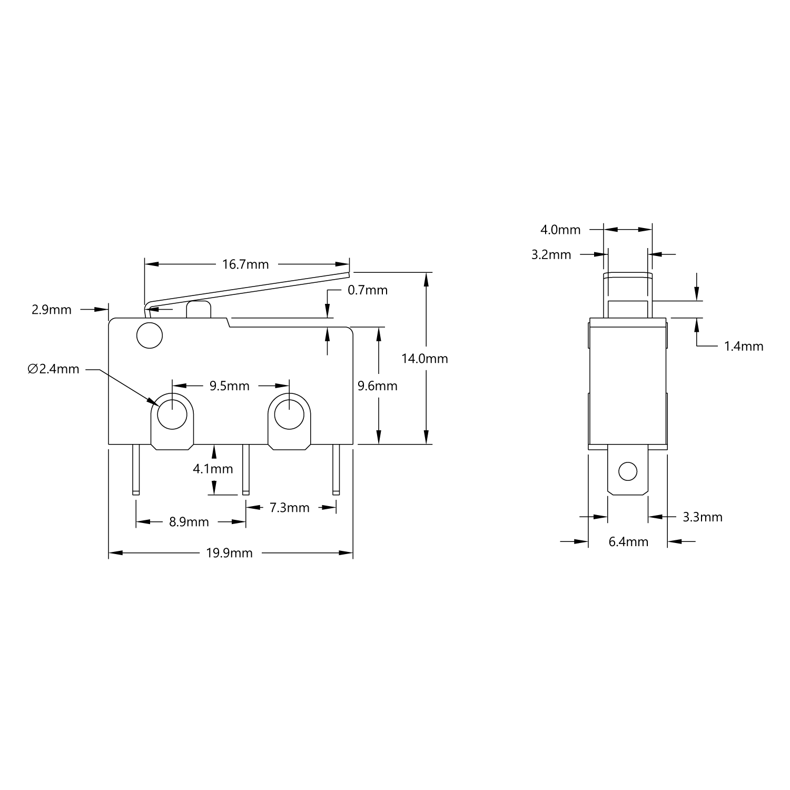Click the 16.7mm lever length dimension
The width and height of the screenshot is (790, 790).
tap(245, 264)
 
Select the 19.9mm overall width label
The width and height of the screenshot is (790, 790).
tap(229, 553)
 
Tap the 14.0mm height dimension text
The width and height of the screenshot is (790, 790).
tap(424, 359)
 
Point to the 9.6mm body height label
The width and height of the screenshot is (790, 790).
tap(377, 386)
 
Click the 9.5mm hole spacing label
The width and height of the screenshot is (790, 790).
tap(229, 386)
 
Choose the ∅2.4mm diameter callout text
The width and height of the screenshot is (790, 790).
tap(53, 369)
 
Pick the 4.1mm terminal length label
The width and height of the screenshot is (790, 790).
tap(213, 469)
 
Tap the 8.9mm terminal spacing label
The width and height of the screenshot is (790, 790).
tap(189, 522)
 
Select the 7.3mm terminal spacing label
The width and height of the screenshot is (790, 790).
tap(289, 508)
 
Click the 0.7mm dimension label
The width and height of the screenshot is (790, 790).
tap(368, 290)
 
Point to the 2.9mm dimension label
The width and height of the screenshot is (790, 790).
tap(52, 310)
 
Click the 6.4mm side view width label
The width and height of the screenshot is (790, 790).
tap(628, 541)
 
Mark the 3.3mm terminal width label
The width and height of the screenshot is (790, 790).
tap(703, 517)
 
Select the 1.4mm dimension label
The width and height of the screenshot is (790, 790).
tap(744, 346)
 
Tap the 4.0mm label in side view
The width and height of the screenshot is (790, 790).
tap(560, 230)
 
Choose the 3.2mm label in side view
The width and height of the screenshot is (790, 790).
tap(551, 255)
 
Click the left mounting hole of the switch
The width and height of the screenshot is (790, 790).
tap(172, 414)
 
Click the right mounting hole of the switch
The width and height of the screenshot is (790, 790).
tap(289, 414)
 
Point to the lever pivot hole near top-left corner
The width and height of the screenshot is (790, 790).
tap(149, 335)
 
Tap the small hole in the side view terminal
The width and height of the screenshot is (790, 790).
tap(627, 471)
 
